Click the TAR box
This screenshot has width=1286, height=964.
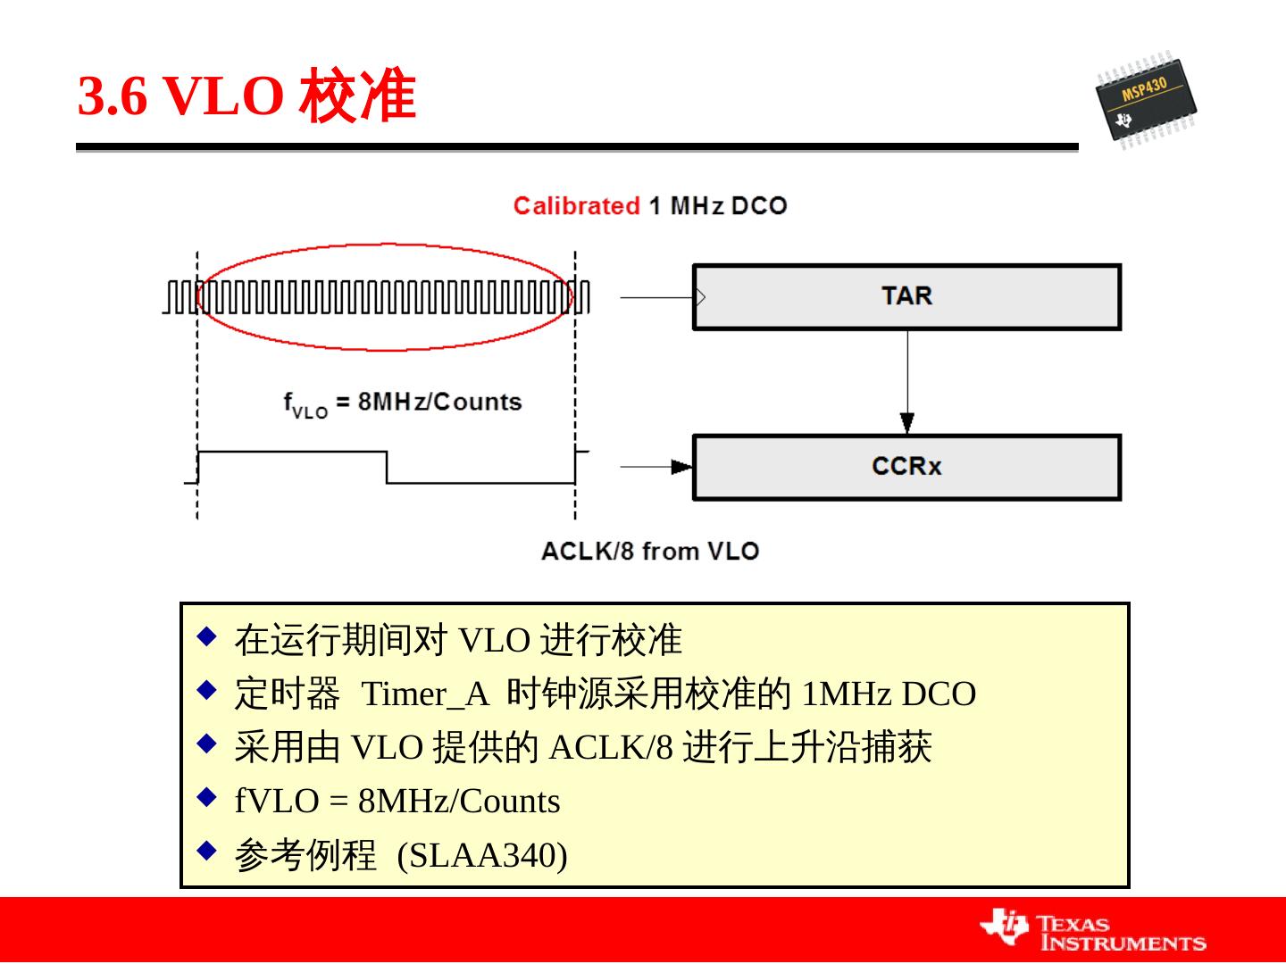tap(906, 297)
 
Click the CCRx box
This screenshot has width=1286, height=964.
tap(906, 467)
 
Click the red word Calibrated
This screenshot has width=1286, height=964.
tap(576, 206)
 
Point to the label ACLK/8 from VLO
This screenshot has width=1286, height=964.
tap(649, 551)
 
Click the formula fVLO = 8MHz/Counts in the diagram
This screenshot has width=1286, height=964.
tap(403, 403)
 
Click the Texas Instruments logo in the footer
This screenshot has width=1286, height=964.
tap(1093, 930)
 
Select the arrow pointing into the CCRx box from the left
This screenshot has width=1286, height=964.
tap(656, 466)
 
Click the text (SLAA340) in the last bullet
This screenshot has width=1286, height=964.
tap(482, 855)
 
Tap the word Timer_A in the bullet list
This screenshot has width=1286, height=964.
tap(425, 694)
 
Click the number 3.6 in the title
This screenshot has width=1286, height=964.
tap(113, 96)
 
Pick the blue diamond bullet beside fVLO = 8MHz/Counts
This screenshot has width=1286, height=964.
tap(207, 795)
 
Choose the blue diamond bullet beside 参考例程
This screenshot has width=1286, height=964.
tap(207, 850)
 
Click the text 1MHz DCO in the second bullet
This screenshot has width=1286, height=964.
tap(889, 694)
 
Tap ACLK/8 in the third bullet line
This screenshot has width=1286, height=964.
tap(611, 747)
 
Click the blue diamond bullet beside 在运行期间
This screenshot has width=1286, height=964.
tap(207, 636)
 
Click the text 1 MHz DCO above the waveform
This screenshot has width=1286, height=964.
tap(717, 206)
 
